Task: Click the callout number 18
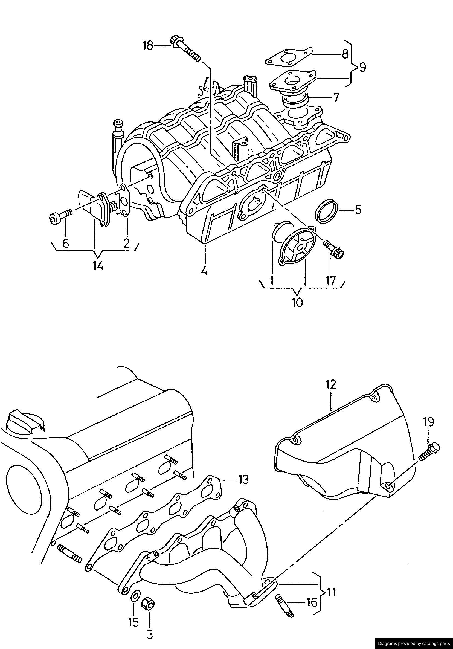tap(147, 45)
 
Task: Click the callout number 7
tap(336, 97)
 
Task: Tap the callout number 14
tap(97, 266)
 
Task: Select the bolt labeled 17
tap(334, 248)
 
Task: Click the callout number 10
tap(297, 303)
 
